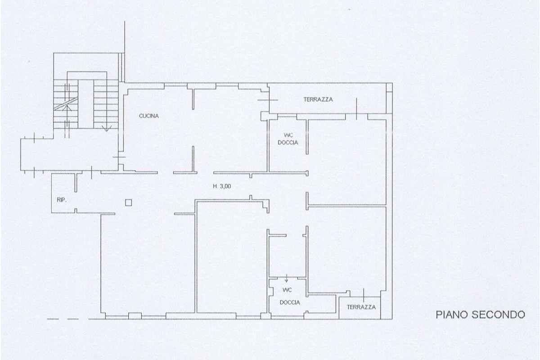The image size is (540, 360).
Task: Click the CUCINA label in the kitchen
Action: pyautogui.click(x=148, y=116)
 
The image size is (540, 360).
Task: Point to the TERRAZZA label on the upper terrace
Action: pyautogui.click(x=318, y=99)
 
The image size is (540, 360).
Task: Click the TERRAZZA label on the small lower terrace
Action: pyautogui.click(x=361, y=307)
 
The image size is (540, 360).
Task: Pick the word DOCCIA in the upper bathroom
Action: pyautogui.click(x=288, y=143)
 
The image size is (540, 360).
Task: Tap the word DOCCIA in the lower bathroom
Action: pyautogui.click(x=289, y=302)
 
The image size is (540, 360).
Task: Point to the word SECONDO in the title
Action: pyautogui.click(x=499, y=315)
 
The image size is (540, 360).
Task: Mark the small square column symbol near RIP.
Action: pyautogui.click(x=129, y=202)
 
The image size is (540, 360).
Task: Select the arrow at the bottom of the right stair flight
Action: pyautogui.click(x=106, y=128)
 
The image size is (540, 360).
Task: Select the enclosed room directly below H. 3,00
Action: pyautogui.click(x=229, y=256)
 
